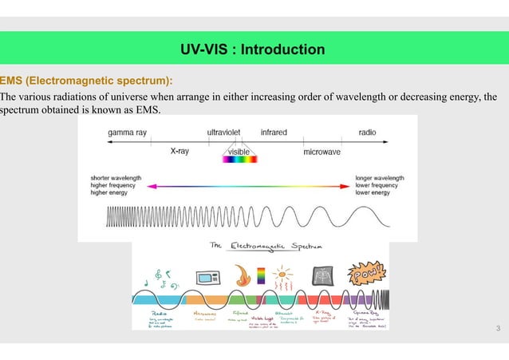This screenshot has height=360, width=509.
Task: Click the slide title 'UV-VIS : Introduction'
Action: point(254,50)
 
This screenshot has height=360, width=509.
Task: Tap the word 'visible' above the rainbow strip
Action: point(239,150)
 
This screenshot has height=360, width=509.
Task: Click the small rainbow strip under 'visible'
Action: point(239,159)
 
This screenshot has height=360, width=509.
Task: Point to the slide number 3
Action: point(498,330)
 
